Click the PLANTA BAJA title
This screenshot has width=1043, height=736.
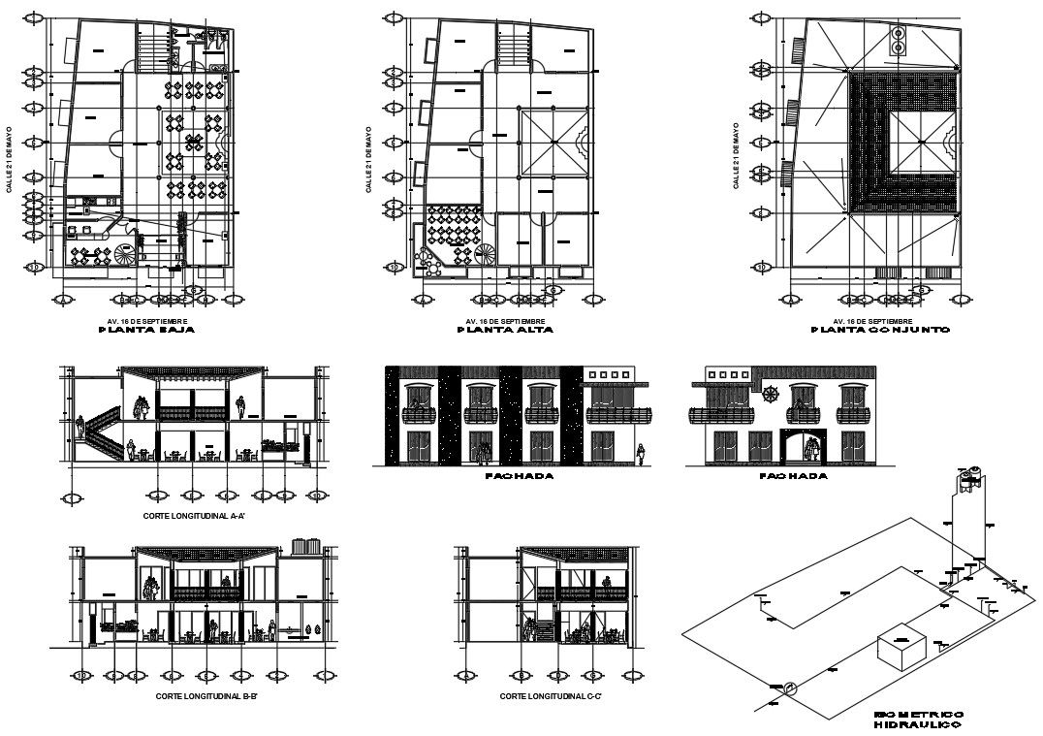(147, 331)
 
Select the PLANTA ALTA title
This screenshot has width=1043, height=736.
(505, 331)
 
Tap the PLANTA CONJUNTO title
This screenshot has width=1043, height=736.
(879, 331)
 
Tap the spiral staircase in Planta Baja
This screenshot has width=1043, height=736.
(127, 256)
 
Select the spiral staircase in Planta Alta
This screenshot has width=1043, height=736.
(484, 256)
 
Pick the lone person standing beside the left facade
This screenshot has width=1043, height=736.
(641, 452)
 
